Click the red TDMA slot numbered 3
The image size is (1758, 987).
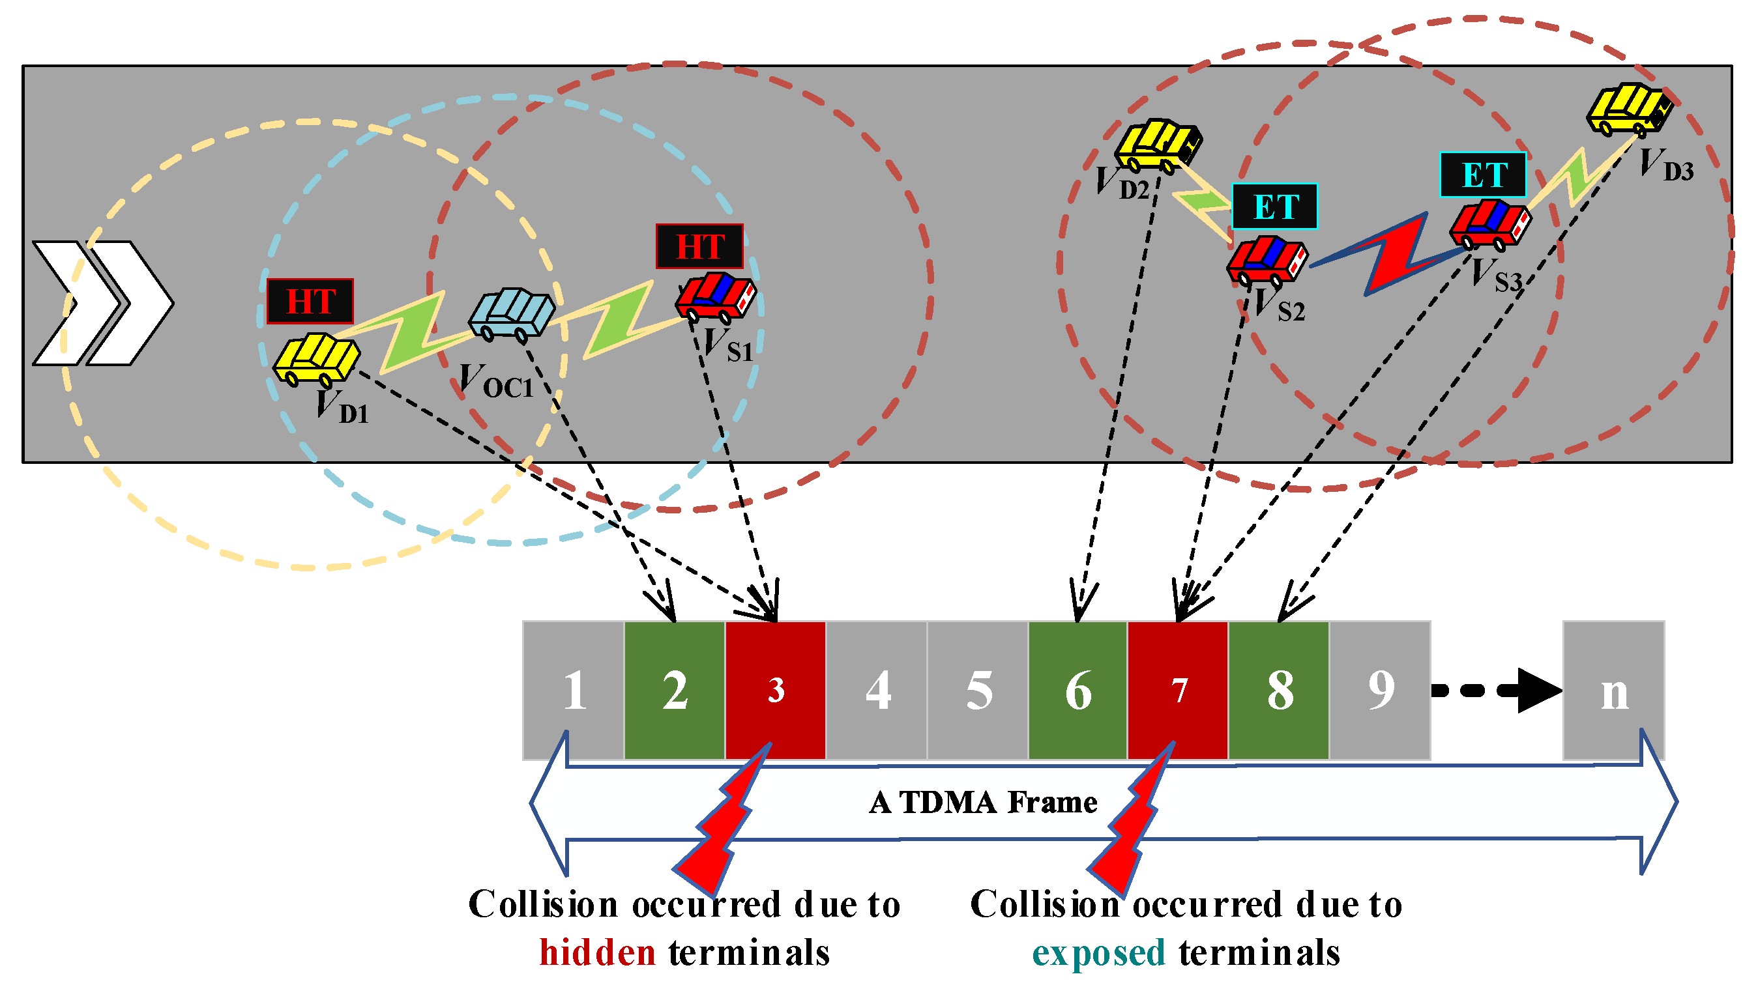coord(775,690)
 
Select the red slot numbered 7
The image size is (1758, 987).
coord(1178,690)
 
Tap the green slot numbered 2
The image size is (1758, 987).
coord(675,690)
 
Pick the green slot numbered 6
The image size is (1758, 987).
coord(1077,690)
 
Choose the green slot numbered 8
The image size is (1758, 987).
coord(1279,690)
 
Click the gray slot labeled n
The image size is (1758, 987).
coord(1614,690)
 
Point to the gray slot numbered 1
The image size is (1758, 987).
coord(574,690)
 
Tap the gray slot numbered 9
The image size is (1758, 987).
coord(1380,690)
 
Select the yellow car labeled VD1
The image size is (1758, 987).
coord(316,359)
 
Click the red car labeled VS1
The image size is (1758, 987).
coord(716,298)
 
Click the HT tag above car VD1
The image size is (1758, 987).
coord(310,301)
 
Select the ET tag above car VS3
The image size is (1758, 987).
coord(1483,175)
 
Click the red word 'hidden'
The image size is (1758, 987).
coord(598,952)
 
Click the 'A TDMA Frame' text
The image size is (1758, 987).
coord(984,802)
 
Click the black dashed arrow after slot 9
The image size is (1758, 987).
coord(1497,691)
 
